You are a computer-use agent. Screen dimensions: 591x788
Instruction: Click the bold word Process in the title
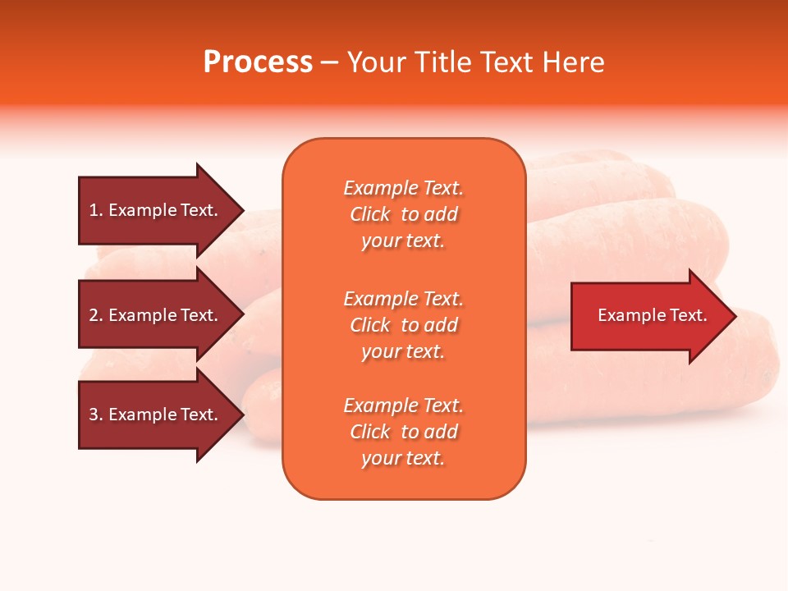pos(258,62)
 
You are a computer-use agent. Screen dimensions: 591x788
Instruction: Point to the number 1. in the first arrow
pos(96,210)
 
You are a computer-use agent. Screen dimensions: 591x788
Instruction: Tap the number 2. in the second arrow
pos(96,315)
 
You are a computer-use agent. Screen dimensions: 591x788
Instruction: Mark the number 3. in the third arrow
pos(96,415)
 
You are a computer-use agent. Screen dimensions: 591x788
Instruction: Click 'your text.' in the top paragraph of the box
pos(403,241)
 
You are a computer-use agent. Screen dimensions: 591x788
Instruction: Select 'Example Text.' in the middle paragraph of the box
pos(403,299)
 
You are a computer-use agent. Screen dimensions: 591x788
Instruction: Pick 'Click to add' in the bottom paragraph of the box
pos(403,432)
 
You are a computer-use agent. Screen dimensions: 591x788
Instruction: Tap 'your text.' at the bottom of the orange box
pos(403,458)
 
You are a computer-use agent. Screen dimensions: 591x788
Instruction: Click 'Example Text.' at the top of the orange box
pos(403,188)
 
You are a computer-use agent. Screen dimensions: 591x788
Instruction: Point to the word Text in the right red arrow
pos(688,315)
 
